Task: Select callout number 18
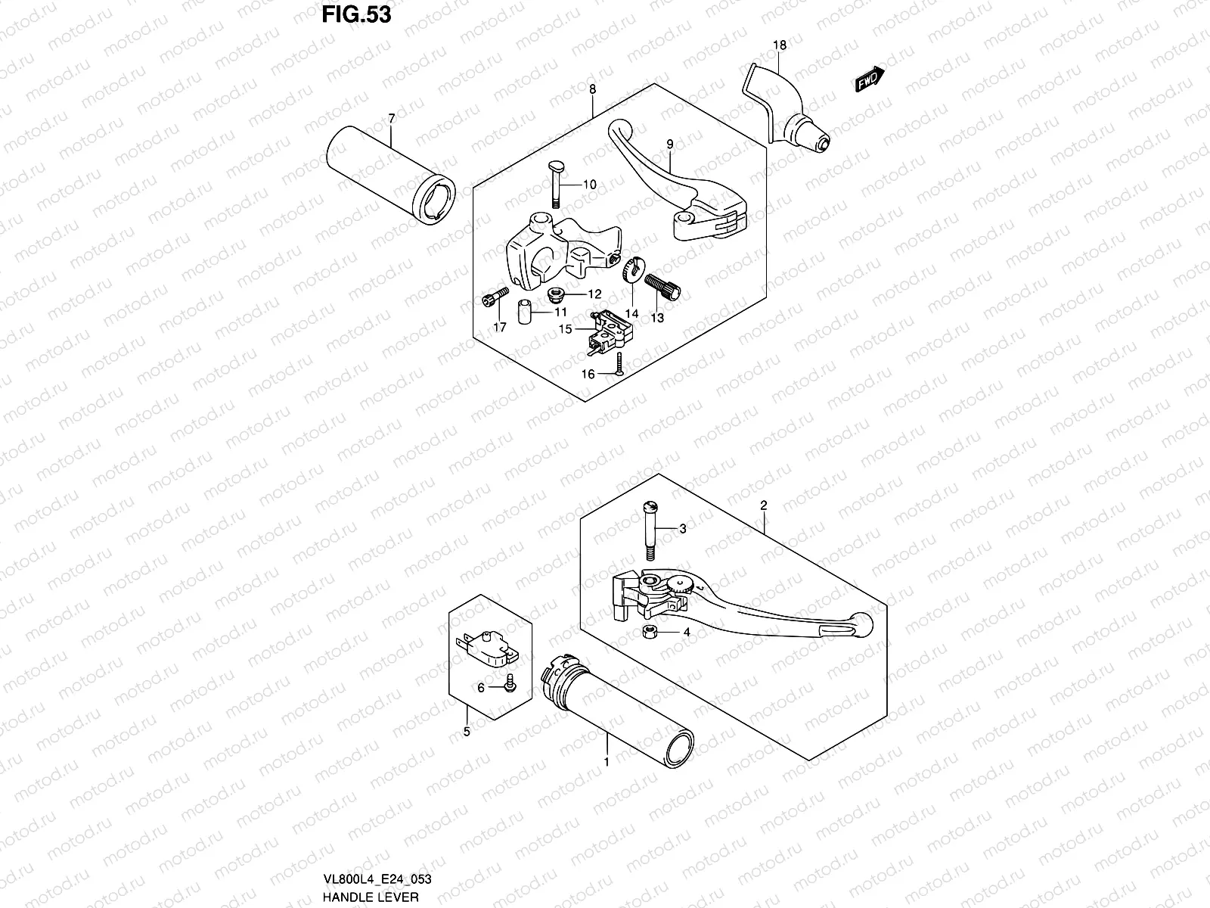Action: coord(780,45)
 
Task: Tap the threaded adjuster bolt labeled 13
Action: coord(664,288)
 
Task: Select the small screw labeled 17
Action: coord(492,300)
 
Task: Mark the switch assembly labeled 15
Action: coord(610,331)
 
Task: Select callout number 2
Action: coord(764,504)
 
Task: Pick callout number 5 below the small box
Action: coord(467,732)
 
